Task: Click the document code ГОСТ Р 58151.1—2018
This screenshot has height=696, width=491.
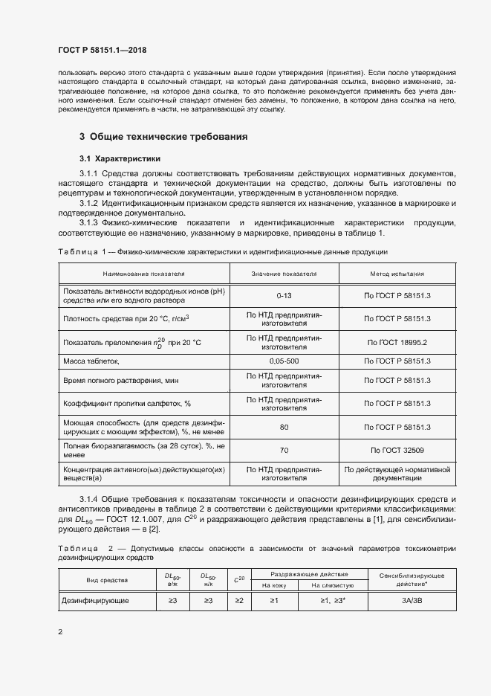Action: click(x=102, y=50)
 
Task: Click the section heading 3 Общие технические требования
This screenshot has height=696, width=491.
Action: click(x=163, y=137)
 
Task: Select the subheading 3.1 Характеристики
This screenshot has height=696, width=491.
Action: click(x=120, y=159)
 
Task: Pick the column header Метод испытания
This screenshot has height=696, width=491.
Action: click(x=398, y=274)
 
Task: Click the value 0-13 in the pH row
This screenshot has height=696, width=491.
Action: click(x=284, y=295)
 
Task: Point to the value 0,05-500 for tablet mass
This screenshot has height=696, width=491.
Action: click(x=284, y=361)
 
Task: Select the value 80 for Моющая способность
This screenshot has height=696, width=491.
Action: click(x=284, y=427)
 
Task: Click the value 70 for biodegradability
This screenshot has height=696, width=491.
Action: click(x=284, y=450)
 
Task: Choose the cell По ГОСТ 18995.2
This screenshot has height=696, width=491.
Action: click(x=398, y=342)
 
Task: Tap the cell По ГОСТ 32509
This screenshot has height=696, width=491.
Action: click(x=398, y=450)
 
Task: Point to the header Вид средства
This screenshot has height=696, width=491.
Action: click(x=107, y=579)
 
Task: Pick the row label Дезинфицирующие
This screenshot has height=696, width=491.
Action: click(x=96, y=599)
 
